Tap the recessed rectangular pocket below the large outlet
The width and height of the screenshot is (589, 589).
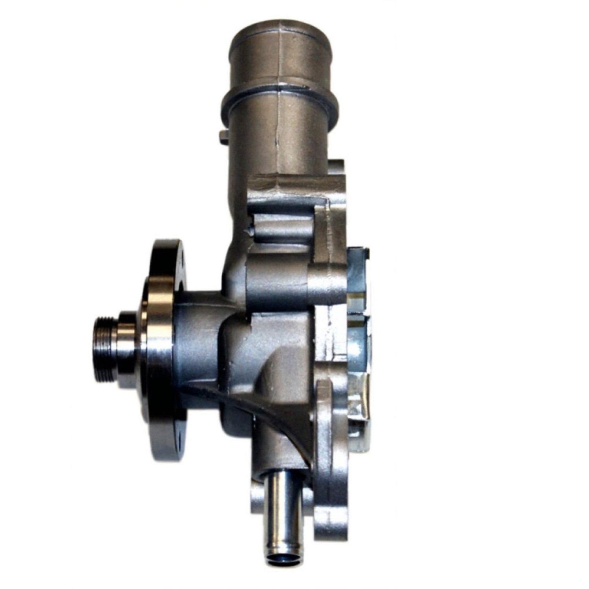[x=283, y=224]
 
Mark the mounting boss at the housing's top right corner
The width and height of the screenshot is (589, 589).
[x=336, y=173]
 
